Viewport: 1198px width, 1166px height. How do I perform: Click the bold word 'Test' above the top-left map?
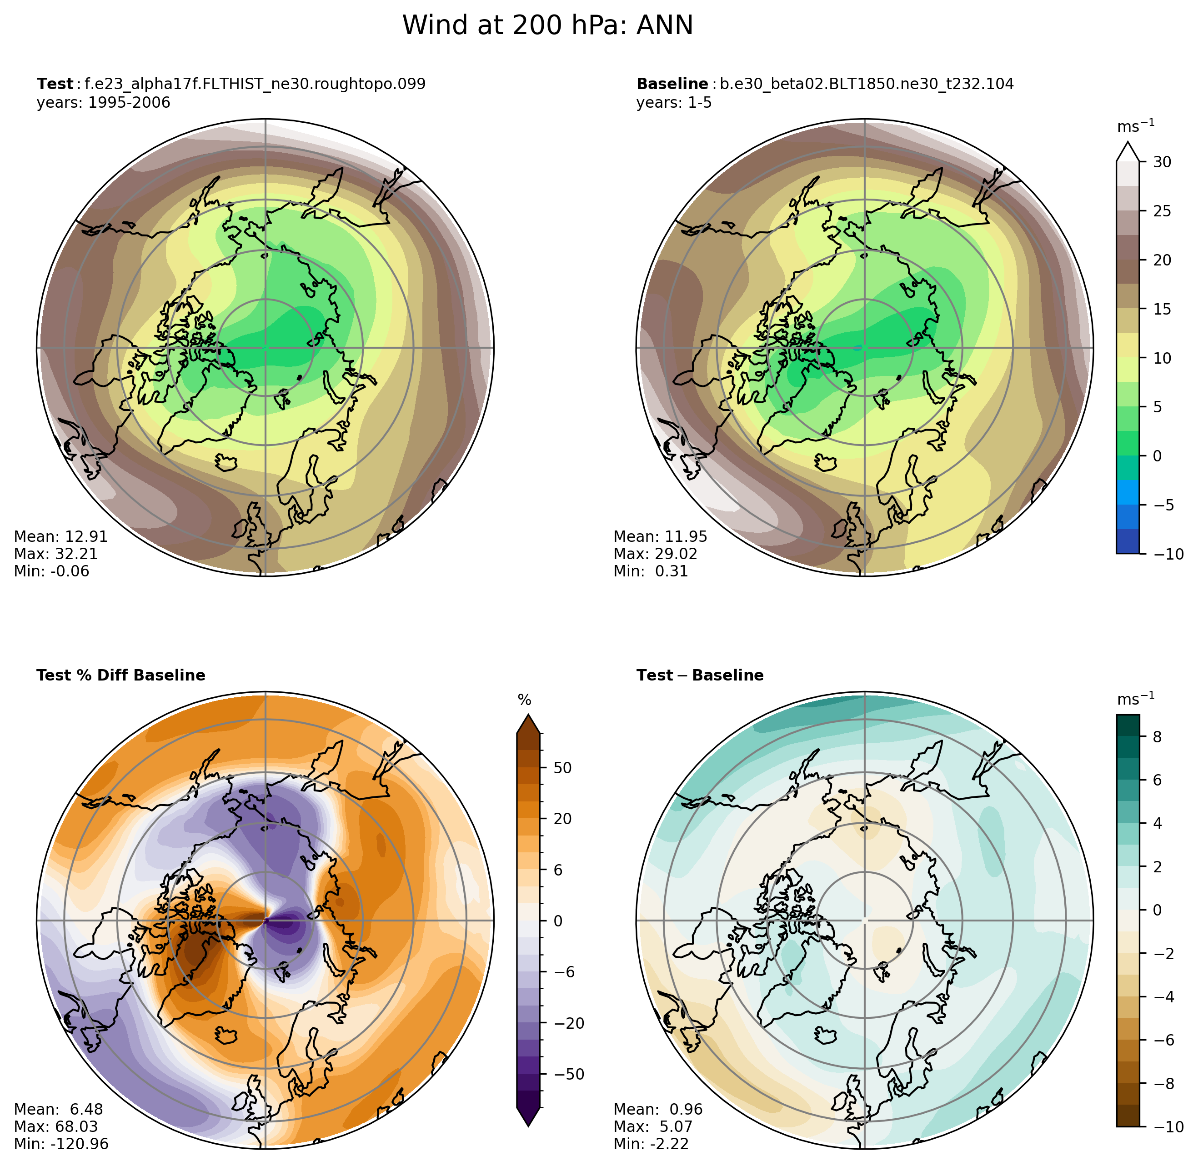pos(54,84)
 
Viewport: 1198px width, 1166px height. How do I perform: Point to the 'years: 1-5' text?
pos(673,102)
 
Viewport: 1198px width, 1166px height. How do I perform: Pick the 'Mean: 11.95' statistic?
pos(660,536)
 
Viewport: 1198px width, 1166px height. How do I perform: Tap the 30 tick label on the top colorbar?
pos(1161,162)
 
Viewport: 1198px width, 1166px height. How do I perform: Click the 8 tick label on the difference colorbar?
pos(1156,737)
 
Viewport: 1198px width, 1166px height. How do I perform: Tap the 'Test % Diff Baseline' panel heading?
pos(120,675)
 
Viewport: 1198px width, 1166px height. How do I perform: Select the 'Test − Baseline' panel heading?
pos(699,675)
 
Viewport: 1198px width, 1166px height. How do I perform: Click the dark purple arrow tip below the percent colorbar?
pos(528,1116)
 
